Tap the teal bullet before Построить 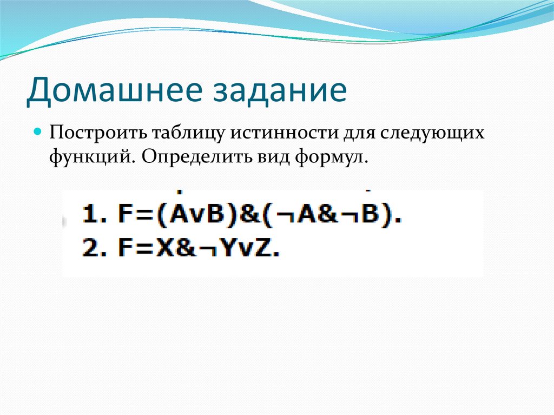(x=38, y=131)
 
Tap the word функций (x=91, y=157)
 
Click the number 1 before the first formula (x=90, y=217)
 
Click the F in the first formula (x=124, y=217)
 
